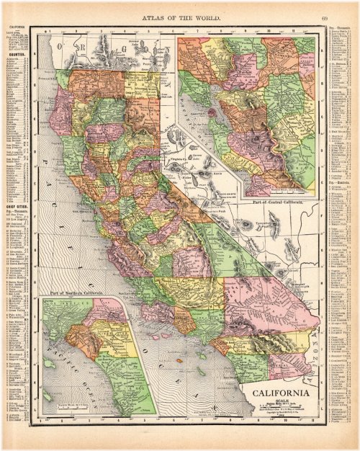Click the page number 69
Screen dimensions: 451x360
coord(325,17)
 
